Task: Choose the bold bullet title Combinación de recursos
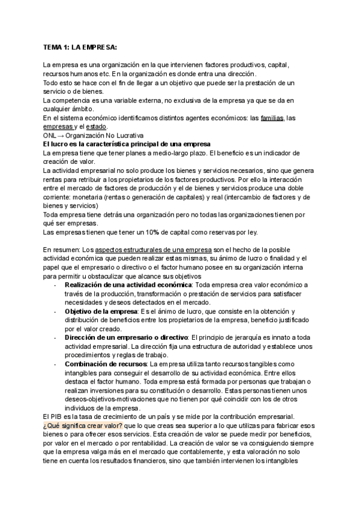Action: (x=106, y=364)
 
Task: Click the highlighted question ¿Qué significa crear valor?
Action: (x=82, y=426)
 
